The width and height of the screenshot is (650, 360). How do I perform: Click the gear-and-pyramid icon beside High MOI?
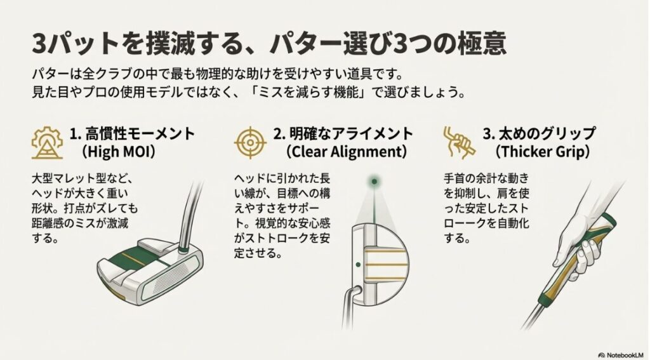(46, 142)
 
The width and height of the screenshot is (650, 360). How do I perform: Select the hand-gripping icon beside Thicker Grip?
(458, 141)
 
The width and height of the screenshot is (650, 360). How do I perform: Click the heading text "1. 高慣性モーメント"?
(133, 134)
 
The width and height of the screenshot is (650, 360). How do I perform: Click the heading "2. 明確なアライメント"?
(343, 134)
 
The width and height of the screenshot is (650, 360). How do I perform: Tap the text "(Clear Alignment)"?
(345, 152)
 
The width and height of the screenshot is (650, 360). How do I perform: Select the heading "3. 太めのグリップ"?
(539, 134)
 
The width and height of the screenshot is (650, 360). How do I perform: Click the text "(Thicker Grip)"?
(543, 152)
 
